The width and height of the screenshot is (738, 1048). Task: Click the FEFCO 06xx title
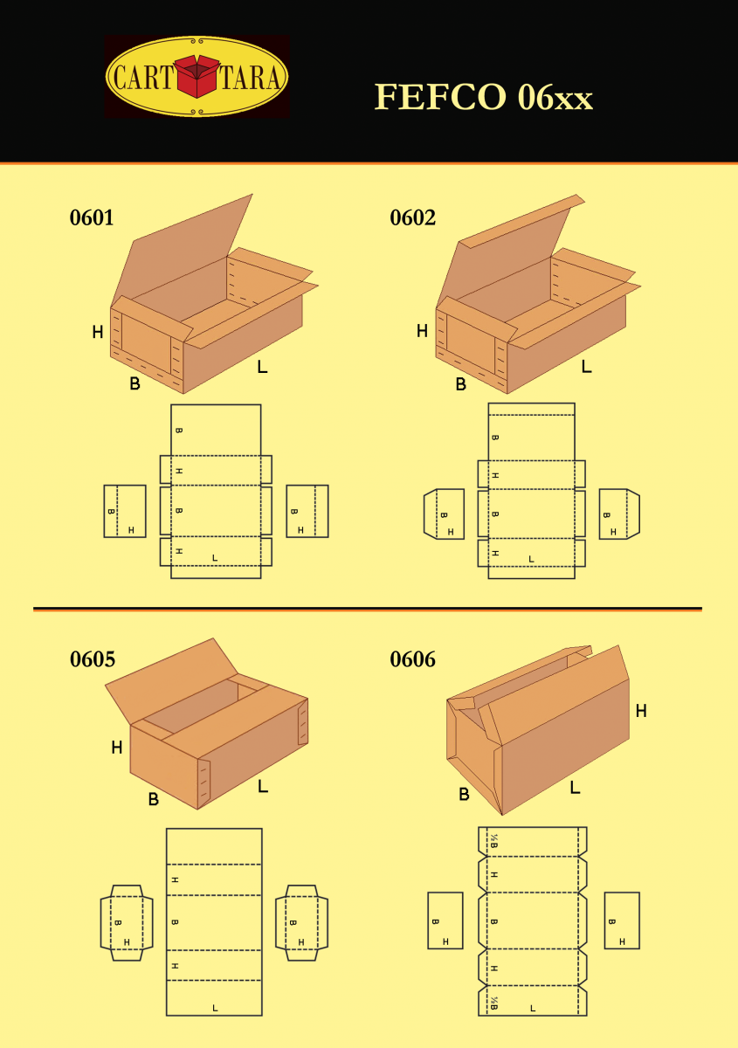[x=484, y=97]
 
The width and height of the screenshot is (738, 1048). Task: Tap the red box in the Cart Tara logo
[x=197, y=76]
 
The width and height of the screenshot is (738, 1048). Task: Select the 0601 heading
[x=92, y=217]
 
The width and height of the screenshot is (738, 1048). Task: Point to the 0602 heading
[x=413, y=217]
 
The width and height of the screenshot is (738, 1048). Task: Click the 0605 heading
[x=93, y=659]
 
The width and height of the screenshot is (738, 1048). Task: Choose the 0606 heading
[x=413, y=659]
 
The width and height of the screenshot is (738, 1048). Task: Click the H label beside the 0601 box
[x=97, y=332]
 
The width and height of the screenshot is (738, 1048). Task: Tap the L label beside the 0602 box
[x=586, y=366]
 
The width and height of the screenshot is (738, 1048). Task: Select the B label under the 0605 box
[x=154, y=799]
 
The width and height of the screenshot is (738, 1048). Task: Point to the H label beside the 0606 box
[x=641, y=711]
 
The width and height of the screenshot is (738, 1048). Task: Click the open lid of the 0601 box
[x=183, y=251]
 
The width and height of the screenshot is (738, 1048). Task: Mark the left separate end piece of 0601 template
[x=125, y=511]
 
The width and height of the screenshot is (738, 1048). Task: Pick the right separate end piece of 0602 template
[x=619, y=514]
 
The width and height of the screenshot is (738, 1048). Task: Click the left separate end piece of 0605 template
[x=127, y=922]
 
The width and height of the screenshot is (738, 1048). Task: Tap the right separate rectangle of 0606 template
[x=622, y=920]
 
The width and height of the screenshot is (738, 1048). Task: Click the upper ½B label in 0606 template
[x=493, y=841]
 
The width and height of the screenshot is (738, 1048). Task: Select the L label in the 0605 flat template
[x=215, y=1008]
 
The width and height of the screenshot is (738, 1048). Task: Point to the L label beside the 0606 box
[x=576, y=788]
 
